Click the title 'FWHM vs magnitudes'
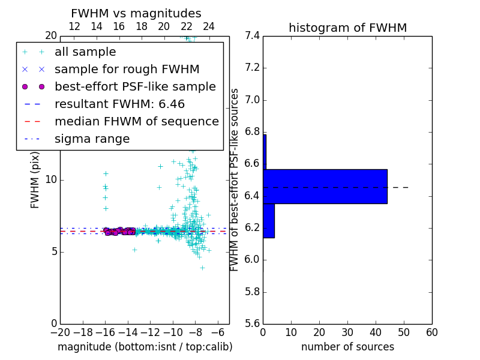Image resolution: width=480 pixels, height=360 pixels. point(136,13)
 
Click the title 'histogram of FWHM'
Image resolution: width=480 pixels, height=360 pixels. point(347,28)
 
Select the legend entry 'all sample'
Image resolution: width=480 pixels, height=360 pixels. point(85,52)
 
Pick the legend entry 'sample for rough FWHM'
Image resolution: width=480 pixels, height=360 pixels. point(127,70)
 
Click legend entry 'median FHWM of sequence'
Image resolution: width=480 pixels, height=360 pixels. point(136,121)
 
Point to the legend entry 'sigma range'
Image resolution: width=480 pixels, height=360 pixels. point(92,139)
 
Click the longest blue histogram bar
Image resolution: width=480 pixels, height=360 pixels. point(325,187)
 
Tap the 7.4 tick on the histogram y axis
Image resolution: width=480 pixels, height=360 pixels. point(253,36)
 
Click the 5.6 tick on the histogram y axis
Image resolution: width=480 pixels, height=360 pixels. point(253,324)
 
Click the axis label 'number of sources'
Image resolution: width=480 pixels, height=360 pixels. point(347,347)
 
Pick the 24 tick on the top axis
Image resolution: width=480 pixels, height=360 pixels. point(209,26)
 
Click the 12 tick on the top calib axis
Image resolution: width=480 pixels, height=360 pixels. point(74,26)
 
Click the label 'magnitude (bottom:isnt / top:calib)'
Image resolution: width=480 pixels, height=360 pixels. point(145,347)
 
